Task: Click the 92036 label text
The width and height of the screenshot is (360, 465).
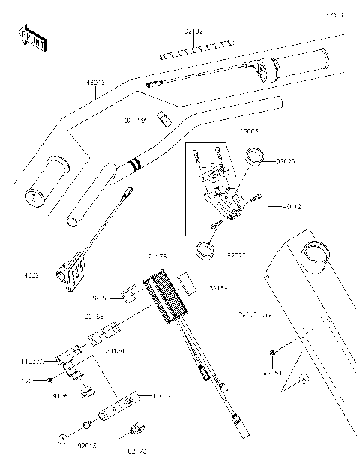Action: [x=286, y=160]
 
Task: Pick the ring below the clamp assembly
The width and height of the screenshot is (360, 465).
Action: [x=204, y=247]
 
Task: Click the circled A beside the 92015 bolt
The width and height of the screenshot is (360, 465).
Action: [x=60, y=437]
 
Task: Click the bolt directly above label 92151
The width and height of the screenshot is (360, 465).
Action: [x=274, y=350]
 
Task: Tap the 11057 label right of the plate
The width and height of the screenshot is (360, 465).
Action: [x=162, y=395]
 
